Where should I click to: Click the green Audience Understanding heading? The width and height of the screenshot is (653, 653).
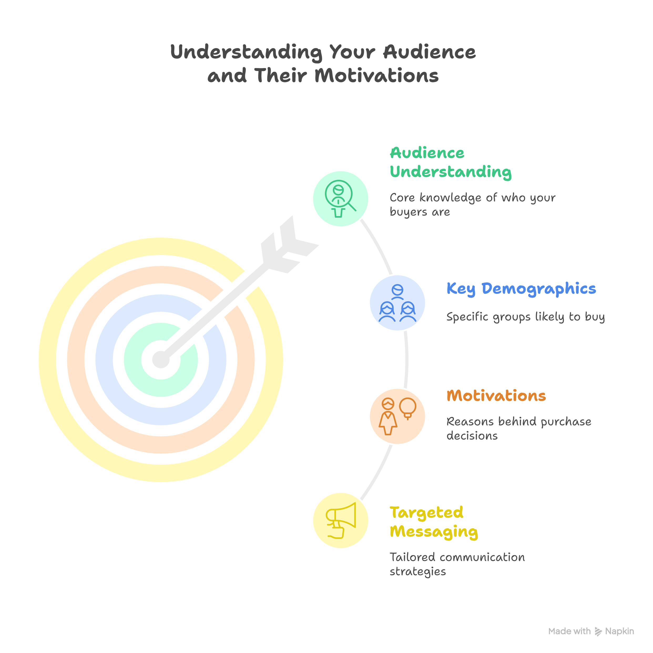[x=450, y=162]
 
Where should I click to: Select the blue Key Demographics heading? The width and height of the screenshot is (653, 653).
[x=521, y=289]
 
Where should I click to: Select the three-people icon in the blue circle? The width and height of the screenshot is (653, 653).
[x=397, y=303]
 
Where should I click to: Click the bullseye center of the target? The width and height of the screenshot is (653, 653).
[x=161, y=360]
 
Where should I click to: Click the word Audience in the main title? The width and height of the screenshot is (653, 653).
[x=429, y=52]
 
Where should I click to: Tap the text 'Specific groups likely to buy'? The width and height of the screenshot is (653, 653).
[x=525, y=317]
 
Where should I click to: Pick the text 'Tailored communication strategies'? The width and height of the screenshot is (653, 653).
[x=457, y=564]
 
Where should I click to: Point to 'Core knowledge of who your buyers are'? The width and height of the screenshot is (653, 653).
[x=472, y=205]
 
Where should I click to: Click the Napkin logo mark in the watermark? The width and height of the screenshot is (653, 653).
[x=598, y=631]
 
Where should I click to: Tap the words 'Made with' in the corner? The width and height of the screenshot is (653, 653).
[x=569, y=631]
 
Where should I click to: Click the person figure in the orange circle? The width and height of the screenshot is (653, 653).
[x=388, y=416]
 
